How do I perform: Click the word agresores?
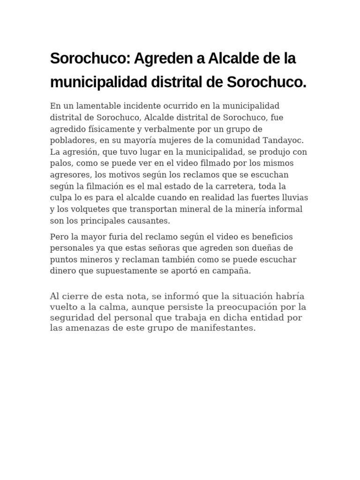68,173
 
